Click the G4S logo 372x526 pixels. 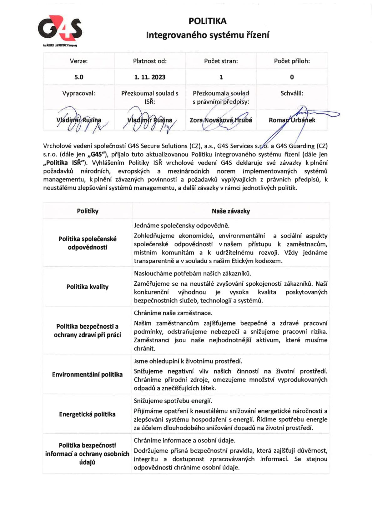pos(60,29)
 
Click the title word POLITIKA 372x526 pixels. pos(208,21)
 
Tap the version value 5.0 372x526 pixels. pos(79,77)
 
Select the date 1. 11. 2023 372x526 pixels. pos(150,77)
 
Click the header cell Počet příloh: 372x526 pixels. pos(292,61)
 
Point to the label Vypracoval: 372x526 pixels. pos(79,93)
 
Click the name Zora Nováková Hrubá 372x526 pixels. pos(221,120)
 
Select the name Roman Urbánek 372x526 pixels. pos(292,120)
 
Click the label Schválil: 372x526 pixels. pos(292,93)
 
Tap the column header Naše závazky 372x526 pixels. pos(231,211)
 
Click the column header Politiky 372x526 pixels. pos(88,211)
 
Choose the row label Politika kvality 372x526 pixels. pos(88,287)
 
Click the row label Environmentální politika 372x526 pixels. pos(88,374)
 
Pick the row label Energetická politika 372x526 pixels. pos(88,414)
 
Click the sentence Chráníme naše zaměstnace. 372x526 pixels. pos(173,313)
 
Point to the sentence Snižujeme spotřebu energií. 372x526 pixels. pos(173,401)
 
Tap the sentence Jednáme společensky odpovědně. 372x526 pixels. pos(182,226)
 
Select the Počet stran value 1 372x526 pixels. pos(221,77)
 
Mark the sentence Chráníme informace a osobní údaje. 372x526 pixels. pos(184,440)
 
